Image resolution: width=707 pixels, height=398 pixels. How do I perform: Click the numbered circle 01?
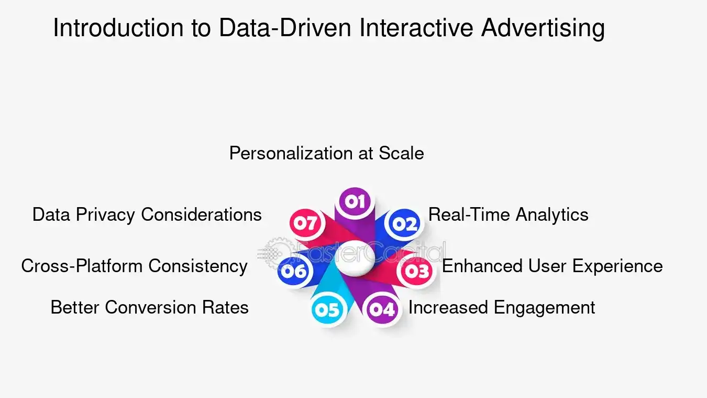pyautogui.click(x=355, y=202)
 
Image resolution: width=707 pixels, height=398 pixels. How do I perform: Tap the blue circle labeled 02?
pyautogui.click(x=404, y=224)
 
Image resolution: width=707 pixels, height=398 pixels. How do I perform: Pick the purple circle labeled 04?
pyautogui.click(x=382, y=309)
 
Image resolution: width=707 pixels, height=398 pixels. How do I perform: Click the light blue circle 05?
pyautogui.click(x=328, y=310)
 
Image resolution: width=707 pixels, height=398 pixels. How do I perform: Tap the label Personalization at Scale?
pyautogui.click(x=326, y=153)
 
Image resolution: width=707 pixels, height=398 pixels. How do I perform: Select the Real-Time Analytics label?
pyautogui.click(x=508, y=214)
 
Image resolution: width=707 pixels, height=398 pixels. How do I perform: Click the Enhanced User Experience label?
pyautogui.click(x=552, y=266)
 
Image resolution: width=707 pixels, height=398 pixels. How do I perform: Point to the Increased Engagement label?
pyautogui.click(x=501, y=307)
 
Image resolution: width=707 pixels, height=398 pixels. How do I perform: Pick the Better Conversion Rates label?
pyautogui.click(x=149, y=307)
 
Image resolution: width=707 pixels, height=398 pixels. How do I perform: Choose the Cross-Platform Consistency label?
pyautogui.click(x=134, y=266)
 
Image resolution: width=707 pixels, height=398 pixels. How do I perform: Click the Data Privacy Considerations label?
pyautogui.click(x=147, y=214)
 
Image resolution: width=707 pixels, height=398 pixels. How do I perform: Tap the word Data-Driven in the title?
pyautogui.click(x=285, y=28)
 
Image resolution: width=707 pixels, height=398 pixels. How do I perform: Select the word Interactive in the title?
pyautogui.click(x=416, y=28)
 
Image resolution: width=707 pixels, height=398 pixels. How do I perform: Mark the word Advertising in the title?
pyautogui.click(x=543, y=28)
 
